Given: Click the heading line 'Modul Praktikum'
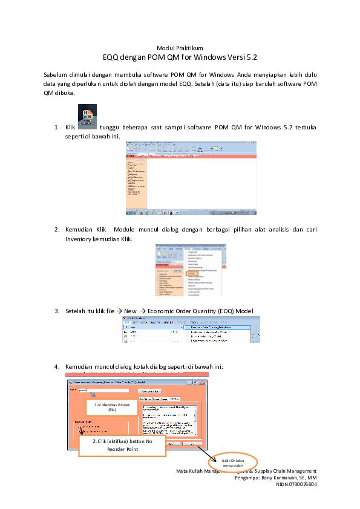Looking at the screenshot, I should pos(180,48).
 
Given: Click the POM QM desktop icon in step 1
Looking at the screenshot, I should pos(88,117).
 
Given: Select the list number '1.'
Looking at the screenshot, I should pos(56,128).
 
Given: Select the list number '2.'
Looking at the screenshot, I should pos(56,230).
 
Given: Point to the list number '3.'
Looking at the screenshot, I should pos(56,311).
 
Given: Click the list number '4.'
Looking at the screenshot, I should pos(56,366).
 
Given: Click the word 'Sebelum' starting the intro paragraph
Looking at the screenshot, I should pos(55,74).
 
